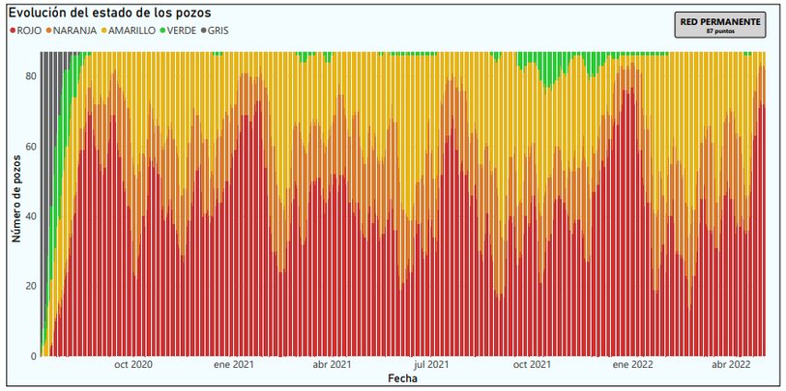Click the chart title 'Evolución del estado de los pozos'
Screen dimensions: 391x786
109,12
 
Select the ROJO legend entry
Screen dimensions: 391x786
27,30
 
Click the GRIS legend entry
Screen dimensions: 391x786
218,30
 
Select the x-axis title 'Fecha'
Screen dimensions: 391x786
403,378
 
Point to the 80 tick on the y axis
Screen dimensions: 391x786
31,75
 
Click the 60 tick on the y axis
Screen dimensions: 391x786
31,146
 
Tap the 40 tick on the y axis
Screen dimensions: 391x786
31,215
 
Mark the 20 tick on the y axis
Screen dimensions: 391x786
31,286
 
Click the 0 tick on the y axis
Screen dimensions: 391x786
34,356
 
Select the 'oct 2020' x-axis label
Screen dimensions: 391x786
133,365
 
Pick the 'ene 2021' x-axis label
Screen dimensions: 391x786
233,365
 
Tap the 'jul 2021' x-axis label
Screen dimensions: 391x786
431,365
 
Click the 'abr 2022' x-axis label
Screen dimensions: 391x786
732,365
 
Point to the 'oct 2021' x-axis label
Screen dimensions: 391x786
532,365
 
